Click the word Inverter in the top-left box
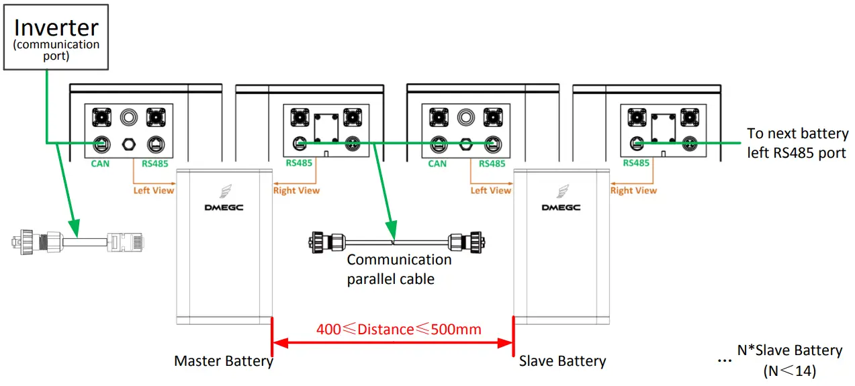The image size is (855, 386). click(x=56, y=28)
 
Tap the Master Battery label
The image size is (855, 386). click(x=223, y=361)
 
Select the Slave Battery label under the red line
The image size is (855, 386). click(x=562, y=361)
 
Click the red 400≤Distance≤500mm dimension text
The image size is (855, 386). click(x=398, y=329)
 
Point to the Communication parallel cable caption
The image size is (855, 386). click(x=399, y=269)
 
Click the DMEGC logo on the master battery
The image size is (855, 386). click(x=224, y=207)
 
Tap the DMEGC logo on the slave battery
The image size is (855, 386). click(x=561, y=207)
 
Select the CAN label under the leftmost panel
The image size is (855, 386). click(x=101, y=163)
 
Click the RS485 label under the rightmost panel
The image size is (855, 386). click(x=635, y=163)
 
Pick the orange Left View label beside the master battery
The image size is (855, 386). click(x=153, y=191)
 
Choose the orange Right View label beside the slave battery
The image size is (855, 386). click(x=633, y=191)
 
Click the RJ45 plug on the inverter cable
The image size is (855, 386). click(x=127, y=240)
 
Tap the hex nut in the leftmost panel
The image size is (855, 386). click(x=128, y=143)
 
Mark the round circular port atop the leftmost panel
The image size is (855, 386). click(x=128, y=117)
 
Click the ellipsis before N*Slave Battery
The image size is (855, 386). click(x=723, y=360)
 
